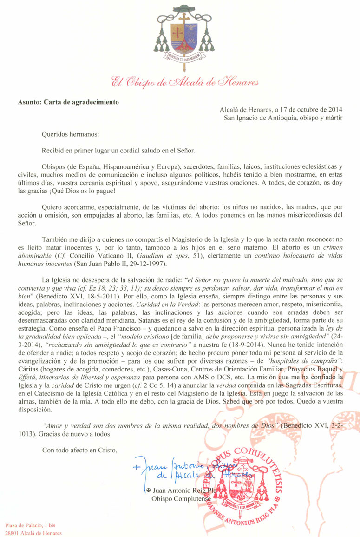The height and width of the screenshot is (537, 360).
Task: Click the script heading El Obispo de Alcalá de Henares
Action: (179, 83)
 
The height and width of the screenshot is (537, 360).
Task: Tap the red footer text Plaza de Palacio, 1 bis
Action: (31, 525)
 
